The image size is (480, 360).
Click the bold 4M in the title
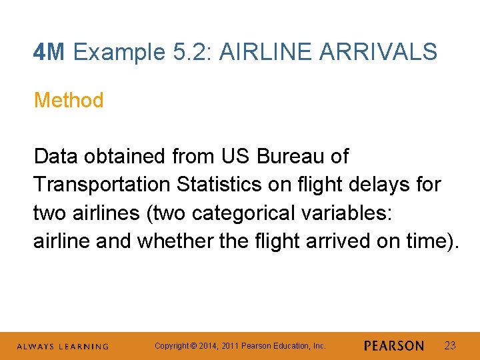click(49, 51)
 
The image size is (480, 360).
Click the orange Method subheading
click(69, 101)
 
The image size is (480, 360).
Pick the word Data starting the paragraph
click(55, 157)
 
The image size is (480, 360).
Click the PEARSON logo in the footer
click(394, 346)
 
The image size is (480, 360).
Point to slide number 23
click(450, 345)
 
